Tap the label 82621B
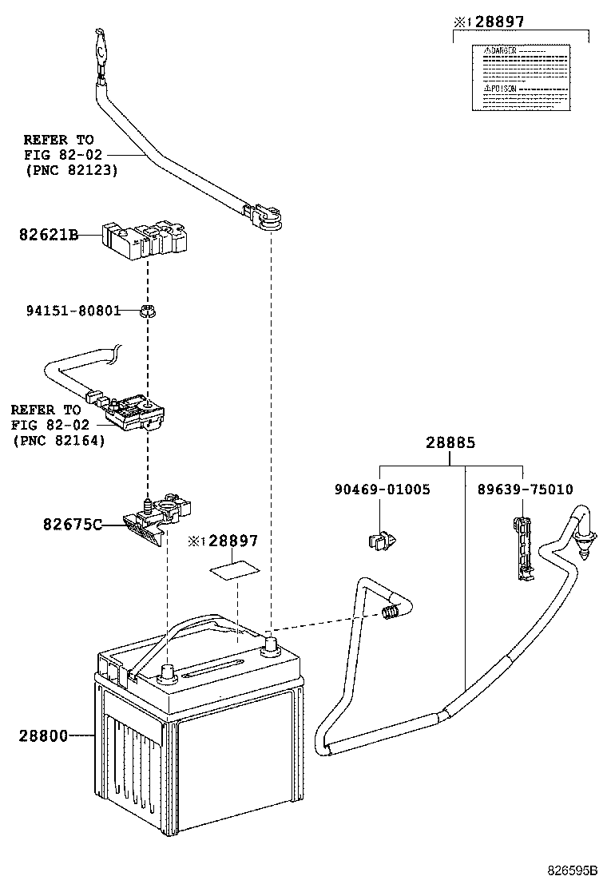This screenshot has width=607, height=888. pyautogui.click(x=48, y=235)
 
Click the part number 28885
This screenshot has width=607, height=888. pyautogui.click(x=450, y=442)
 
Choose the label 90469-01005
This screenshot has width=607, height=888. pyautogui.click(x=382, y=490)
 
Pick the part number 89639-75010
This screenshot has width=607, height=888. pyautogui.click(x=525, y=490)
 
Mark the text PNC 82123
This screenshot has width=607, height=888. pyautogui.click(x=71, y=169)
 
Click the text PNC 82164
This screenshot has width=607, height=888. pyautogui.click(x=59, y=440)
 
